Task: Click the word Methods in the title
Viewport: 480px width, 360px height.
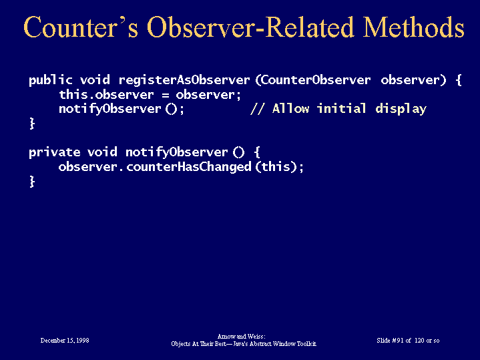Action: pos(413,27)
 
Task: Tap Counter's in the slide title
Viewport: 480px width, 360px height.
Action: pos(81,27)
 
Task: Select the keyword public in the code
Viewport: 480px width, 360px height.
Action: pos(51,80)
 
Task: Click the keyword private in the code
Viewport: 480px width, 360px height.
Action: pos(55,152)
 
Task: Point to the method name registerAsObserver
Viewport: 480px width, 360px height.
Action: pos(184,80)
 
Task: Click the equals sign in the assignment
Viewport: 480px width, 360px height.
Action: pos(166,95)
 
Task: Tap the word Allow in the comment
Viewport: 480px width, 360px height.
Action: pos(290,109)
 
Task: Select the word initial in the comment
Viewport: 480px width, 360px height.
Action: pos(341,108)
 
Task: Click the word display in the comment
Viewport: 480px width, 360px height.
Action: pos(401,110)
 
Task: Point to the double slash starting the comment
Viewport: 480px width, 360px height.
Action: pos(258,109)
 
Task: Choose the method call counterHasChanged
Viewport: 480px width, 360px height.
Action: pos(188,167)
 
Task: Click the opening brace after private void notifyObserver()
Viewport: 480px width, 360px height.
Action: pos(257,152)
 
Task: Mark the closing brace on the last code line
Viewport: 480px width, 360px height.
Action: pos(32,182)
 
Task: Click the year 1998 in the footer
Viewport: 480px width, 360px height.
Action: pos(83,341)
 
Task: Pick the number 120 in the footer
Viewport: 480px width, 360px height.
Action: pos(419,341)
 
